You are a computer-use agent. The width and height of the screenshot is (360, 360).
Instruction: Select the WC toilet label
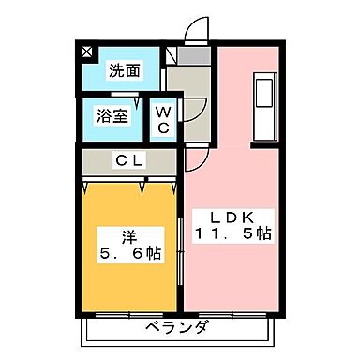162,120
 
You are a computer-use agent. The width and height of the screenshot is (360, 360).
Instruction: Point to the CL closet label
128,160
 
